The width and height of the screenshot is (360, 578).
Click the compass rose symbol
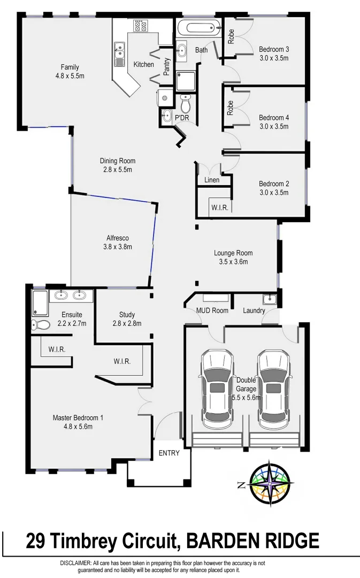tap(272, 484)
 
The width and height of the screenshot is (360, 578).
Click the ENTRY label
tap(169, 453)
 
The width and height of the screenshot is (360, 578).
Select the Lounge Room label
tap(233, 253)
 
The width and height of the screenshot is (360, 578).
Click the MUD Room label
tap(212, 310)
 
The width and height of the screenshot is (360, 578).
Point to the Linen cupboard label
tap(212, 180)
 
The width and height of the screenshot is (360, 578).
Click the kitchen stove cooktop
tap(141, 25)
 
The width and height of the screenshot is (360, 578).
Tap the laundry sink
tap(269, 300)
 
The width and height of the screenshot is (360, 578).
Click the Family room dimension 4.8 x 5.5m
tap(70, 76)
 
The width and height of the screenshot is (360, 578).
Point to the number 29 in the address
tap(37, 541)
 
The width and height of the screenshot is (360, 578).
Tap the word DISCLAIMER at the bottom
tap(76, 563)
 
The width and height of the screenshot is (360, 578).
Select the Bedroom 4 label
tap(274, 118)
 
